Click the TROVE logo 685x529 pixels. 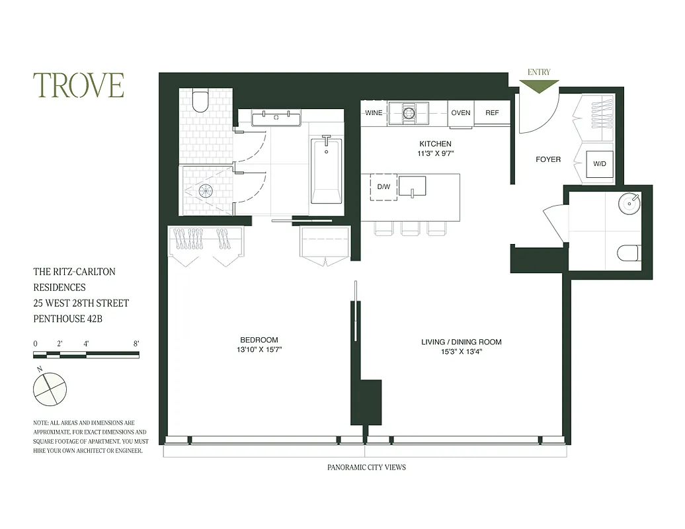[x=79, y=85]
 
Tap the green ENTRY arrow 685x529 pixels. [x=539, y=86]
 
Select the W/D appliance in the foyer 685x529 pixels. [x=600, y=163]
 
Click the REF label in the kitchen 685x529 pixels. [x=492, y=113]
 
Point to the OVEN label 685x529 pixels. [x=460, y=113]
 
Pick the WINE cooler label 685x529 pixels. [x=374, y=113]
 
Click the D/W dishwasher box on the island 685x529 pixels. [x=383, y=186]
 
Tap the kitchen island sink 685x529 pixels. [x=411, y=186]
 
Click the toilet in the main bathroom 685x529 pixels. [x=200, y=101]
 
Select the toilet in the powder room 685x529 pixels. [x=628, y=253]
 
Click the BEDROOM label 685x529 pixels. [x=259, y=340]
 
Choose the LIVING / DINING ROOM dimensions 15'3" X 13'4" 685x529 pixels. [x=461, y=352]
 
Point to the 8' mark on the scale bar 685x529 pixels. [x=136, y=344]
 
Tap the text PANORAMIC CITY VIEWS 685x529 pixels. [x=366, y=468]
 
